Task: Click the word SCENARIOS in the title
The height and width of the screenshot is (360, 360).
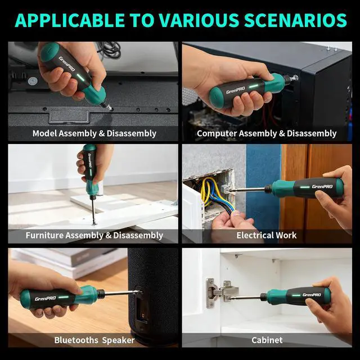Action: coord(295,20)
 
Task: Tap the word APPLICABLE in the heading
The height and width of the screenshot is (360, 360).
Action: coord(70,20)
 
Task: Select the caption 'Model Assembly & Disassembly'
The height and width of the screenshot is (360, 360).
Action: coord(94,133)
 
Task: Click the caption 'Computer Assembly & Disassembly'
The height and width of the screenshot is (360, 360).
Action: coord(267,133)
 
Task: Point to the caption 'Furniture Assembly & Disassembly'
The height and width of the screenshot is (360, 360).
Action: coord(94,235)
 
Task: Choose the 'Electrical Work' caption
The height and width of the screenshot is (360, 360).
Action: coord(267,235)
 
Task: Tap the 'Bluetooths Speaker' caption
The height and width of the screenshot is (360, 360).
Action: coord(94,340)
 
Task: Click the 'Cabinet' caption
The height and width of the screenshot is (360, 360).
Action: coord(267,340)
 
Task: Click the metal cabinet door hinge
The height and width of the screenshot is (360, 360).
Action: coord(221,293)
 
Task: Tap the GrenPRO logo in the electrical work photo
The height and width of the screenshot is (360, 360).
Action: coord(322,186)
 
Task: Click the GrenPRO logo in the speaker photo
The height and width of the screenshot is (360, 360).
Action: coord(45,299)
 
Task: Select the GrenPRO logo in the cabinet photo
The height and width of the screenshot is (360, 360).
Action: coord(312,295)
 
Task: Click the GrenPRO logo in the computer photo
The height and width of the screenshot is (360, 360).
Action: coord(236,90)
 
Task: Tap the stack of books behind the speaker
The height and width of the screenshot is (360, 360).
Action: coord(69,262)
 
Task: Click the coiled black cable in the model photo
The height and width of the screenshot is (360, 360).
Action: coord(110,49)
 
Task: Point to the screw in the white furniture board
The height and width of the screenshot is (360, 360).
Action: coord(94,224)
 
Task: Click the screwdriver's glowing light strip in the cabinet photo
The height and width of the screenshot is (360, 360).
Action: coord(296,295)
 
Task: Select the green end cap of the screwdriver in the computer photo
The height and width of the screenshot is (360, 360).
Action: coord(214,97)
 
